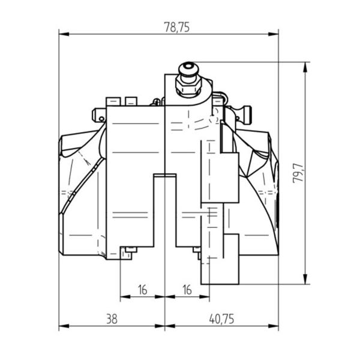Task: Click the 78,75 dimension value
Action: (x=177, y=28)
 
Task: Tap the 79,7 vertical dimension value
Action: (x=298, y=173)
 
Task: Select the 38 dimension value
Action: (x=112, y=319)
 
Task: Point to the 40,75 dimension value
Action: (x=221, y=319)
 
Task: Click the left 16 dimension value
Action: (x=143, y=290)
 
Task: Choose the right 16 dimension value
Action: (x=187, y=290)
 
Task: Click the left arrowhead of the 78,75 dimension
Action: (x=64, y=34)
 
